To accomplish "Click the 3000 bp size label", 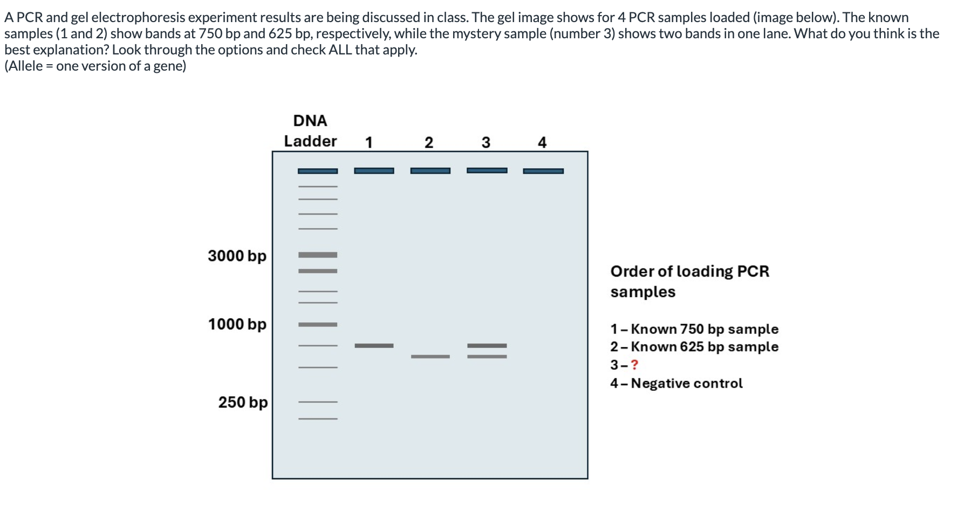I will point(237,256).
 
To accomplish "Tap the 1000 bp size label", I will point(237,324).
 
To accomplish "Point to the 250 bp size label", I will point(242,402).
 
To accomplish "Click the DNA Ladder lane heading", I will point(310,131).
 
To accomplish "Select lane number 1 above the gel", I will point(369,142).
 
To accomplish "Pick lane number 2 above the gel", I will point(429,142).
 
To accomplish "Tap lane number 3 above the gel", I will point(486,142).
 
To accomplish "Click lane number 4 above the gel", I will point(542,142).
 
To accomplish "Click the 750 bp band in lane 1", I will point(374,346).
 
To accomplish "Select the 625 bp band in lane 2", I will point(430,356).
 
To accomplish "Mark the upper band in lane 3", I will point(487,346).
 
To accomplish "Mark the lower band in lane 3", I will point(487,356).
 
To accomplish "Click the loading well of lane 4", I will point(543,171).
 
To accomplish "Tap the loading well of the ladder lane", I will point(318,171).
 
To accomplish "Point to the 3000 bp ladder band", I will point(318,254).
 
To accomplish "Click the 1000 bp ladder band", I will point(318,325).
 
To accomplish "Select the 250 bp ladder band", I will point(318,402).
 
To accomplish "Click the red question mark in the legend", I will point(634,365).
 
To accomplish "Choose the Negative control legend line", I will point(676,383).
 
